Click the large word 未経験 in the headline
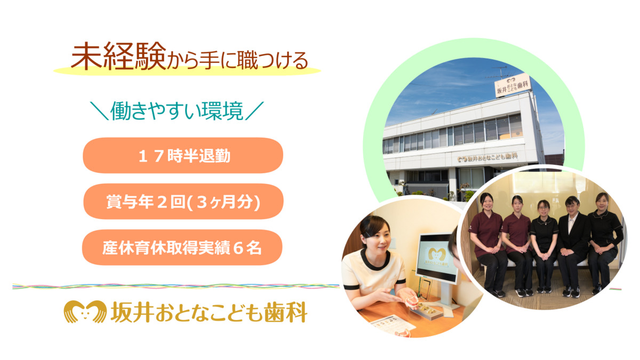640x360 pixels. (118, 57)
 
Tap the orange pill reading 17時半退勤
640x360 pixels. (183, 155)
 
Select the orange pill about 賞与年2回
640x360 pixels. (183, 202)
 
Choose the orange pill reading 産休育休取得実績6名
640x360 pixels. (182, 247)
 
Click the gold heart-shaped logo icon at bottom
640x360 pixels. (85, 311)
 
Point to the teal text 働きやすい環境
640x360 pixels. (177, 111)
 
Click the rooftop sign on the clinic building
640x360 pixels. (513, 85)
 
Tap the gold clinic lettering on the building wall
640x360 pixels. (487, 157)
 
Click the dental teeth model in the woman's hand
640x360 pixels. (411, 302)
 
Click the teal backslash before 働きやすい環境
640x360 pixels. (99, 111)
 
